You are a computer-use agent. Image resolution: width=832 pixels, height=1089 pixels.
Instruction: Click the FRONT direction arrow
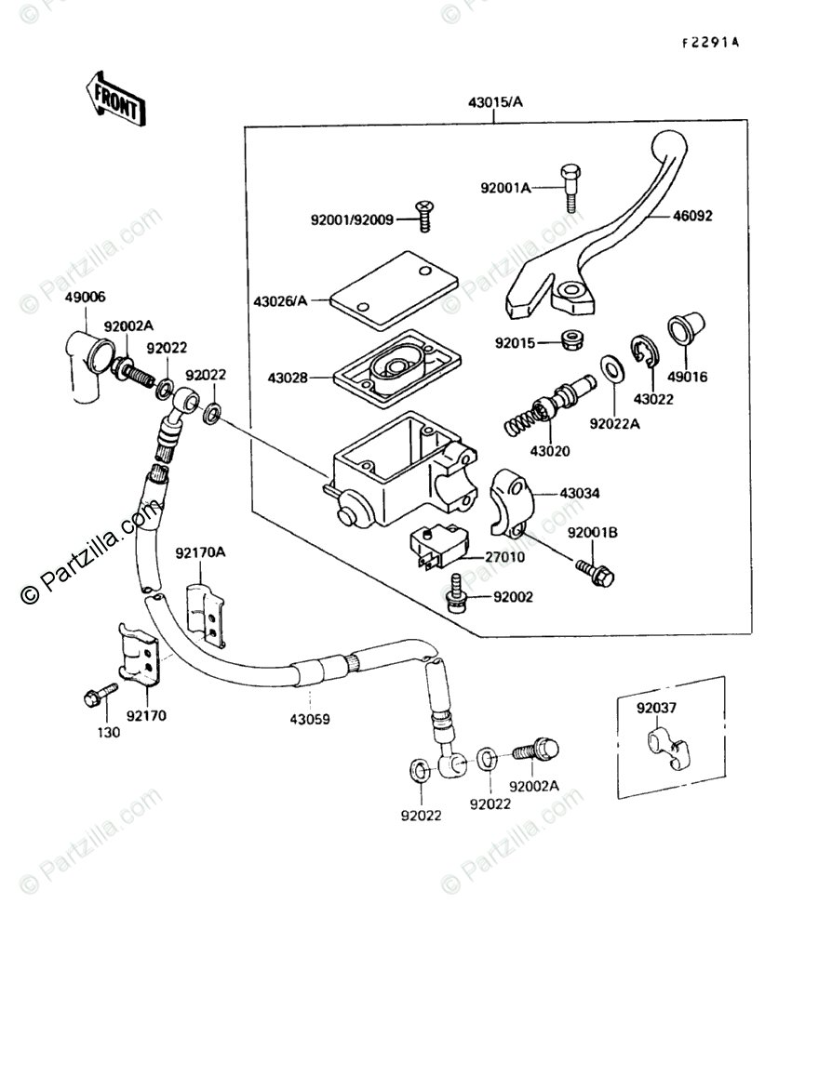(x=115, y=99)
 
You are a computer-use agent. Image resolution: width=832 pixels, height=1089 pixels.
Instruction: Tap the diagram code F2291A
(x=710, y=43)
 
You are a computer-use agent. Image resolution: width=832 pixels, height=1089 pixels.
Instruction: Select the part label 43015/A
(x=495, y=102)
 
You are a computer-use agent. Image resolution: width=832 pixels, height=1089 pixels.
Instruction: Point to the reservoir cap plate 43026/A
(x=394, y=290)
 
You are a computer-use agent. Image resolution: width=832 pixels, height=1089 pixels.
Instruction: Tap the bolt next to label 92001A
(x=570, y=188)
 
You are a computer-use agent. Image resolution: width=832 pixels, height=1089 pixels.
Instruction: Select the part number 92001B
(x=592, y=533)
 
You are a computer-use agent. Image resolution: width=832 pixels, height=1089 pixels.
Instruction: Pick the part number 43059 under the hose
(x=309, y=720)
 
